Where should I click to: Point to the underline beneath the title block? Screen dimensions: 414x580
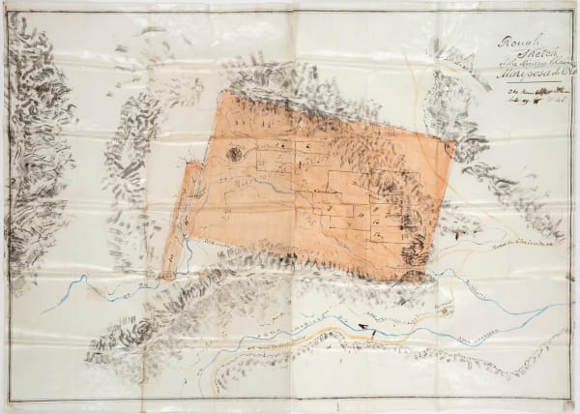tap(528, 85)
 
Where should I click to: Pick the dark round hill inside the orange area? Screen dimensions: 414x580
tap(235, 152)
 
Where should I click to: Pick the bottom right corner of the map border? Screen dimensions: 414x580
tap(570, 404)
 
